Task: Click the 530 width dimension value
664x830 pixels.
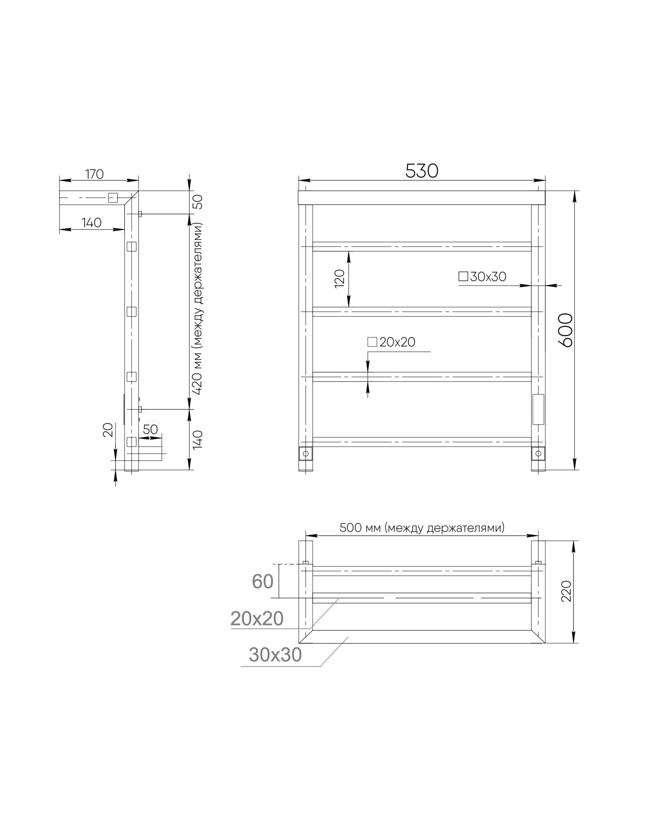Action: point(421,171)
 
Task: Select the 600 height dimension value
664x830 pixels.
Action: point(565,330)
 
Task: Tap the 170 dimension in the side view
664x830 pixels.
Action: point(94,174)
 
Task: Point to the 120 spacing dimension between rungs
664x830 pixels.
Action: point(339,278)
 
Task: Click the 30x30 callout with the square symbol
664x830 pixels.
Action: point(483,276)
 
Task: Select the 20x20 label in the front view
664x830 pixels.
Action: point(391,342)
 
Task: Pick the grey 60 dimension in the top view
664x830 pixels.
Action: point(262,581)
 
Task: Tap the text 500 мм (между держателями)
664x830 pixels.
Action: point(422,528)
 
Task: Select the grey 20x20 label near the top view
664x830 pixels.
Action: point(257,619)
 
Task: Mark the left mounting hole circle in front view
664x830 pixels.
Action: point(306,454)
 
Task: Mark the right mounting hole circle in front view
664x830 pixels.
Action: point(538,454)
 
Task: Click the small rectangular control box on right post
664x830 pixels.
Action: point(538,409)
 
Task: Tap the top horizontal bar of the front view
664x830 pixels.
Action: point(421,198)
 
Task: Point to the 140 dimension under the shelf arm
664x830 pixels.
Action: point(91,223)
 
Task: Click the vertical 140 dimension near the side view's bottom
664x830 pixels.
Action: point(198,439)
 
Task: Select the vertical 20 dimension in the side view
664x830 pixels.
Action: point(107,430)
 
